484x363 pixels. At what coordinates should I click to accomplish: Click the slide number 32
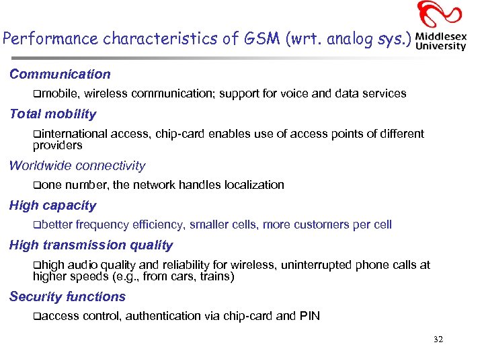click(x=438, y=339)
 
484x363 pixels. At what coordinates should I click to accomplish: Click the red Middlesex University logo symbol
click(x=440, y=15)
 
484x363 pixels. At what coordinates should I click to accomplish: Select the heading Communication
click(x=60, y=75)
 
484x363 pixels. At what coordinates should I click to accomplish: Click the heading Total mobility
click(x=52, y=114)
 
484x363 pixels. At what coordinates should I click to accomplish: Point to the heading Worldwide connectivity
click(x=77, y=165)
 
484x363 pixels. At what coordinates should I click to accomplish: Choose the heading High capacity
click(x=52, y=206)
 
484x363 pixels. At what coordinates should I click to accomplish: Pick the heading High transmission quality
click(x=91, y=245)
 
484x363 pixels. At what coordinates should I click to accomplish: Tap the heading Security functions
click(x=67, y=297)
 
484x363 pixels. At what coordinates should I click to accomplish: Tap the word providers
click(x=57, y=145)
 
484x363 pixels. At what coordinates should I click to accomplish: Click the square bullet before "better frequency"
click(x=36, y=225)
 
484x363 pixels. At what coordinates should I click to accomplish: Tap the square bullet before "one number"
click(x=36, y=185)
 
